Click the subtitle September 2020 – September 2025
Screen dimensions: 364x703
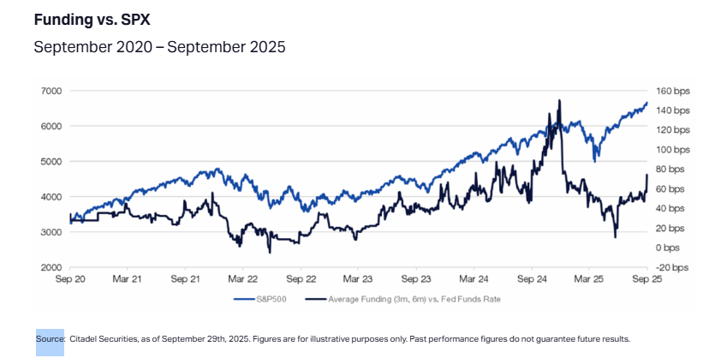(159, 47)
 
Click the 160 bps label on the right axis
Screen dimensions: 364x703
(672, 91)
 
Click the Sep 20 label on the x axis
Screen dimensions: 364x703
(69, 279)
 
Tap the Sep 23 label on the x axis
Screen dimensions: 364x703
(415, 279)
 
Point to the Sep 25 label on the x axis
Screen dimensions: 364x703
(646, 279)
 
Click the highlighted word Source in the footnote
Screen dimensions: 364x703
(51, 339)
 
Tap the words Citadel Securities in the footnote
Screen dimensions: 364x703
(104, 339)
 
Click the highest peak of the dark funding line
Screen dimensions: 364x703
(559, 100)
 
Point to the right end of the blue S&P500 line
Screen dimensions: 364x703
(646, 104)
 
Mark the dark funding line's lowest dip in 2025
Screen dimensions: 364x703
(615, 237)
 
